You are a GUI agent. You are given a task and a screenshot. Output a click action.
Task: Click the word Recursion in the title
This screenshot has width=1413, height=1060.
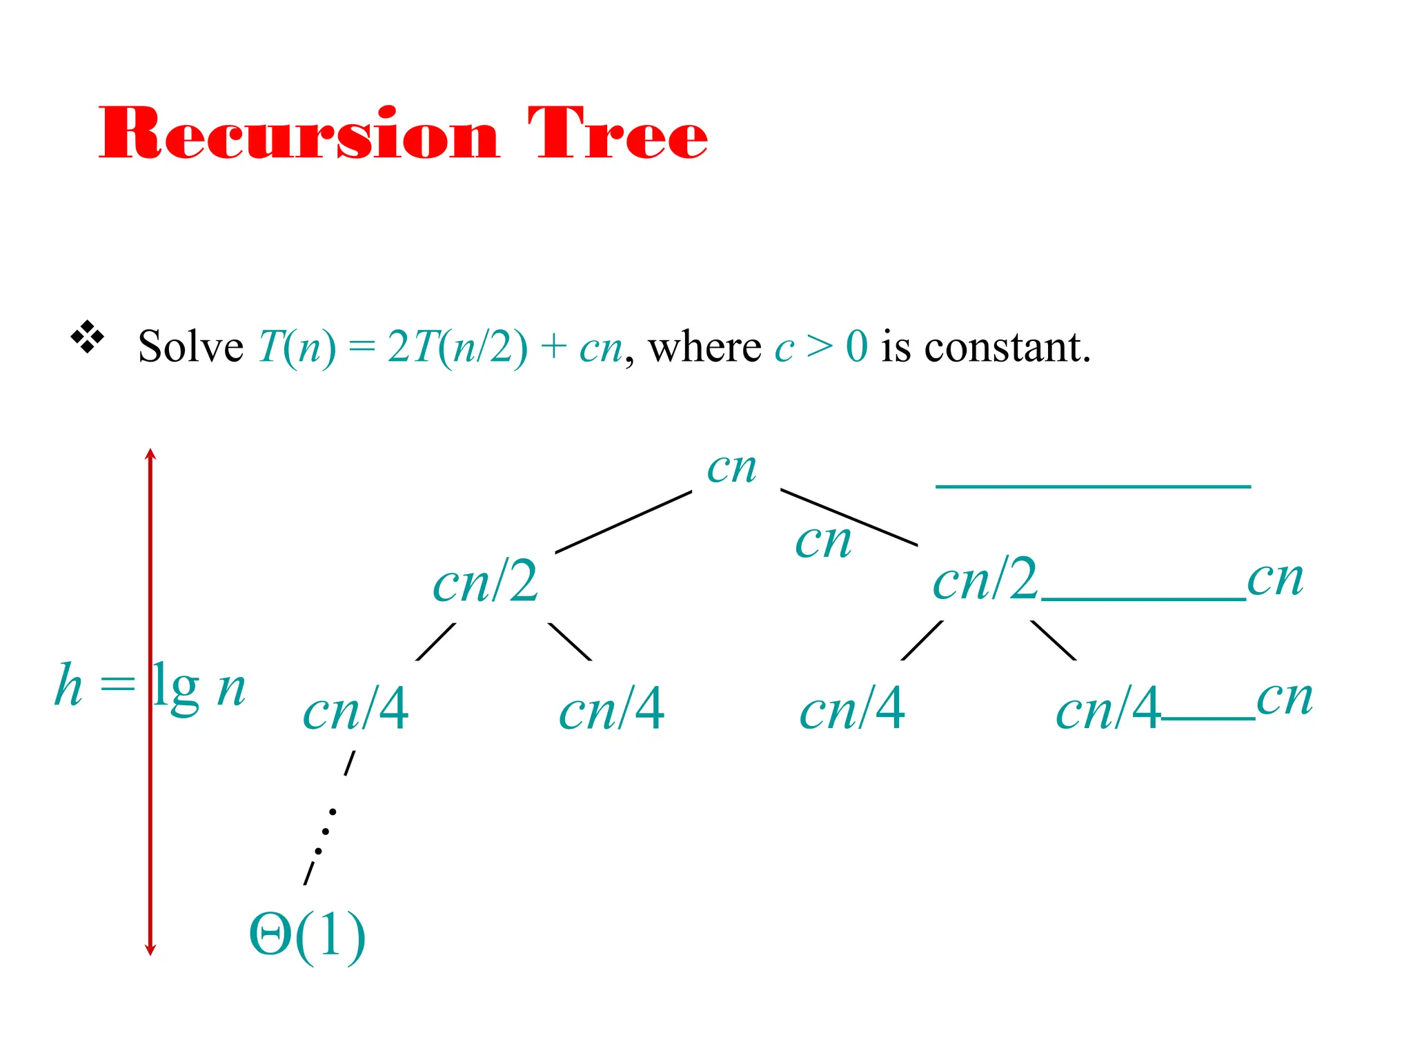coord(298,134)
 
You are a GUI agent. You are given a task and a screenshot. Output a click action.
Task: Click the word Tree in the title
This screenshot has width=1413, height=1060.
coord(617,134)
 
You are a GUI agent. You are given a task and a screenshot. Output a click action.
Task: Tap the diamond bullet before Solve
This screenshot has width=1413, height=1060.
coord(88,337)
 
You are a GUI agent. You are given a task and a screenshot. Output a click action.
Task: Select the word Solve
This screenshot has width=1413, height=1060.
coord(190,346)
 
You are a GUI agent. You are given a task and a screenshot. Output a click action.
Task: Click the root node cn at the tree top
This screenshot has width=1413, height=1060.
coord(731,469)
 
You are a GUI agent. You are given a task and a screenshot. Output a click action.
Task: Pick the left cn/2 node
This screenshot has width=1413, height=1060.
coord(485,582)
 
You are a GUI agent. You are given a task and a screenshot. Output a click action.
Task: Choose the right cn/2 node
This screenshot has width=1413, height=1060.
coord(985,580)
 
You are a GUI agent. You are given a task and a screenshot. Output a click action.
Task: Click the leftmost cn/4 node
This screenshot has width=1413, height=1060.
coord(355,709)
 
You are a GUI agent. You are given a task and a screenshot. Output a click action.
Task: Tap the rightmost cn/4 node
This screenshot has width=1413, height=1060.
coord(1107,709)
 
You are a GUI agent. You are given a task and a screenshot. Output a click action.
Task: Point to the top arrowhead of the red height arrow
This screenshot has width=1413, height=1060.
coord(150,453)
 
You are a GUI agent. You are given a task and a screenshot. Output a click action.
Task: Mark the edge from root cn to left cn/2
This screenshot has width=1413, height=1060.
coord(623,522)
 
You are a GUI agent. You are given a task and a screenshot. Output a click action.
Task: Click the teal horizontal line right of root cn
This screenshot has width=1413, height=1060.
coord(1093,487)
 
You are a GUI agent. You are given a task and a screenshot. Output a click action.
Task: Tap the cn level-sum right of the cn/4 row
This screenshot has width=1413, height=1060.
coord(1284,698)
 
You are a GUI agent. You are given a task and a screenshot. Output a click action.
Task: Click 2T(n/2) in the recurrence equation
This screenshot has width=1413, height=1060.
coord(457,346)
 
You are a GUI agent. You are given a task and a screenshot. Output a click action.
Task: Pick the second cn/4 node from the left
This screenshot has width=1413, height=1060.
coord(611,709)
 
